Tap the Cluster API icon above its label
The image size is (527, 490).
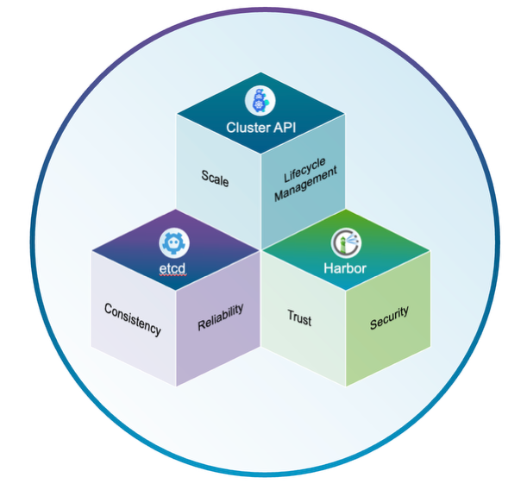(260, 99)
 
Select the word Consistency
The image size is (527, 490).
(132, 318)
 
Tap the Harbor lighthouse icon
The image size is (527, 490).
(349, 242)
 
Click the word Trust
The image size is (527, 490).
(299, 317)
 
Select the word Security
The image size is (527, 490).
(389, 317)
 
